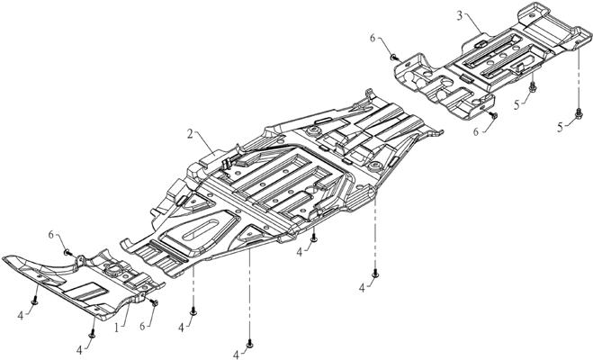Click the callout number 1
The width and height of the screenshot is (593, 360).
pyautogui.click(x=117, y=328)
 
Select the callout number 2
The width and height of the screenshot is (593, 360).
pyautogui.click(x=190, y=133)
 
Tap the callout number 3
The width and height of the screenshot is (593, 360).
pyautogui.click(x=460, y=16)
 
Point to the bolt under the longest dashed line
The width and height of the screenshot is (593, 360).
pyautogui.click(x=249, y=344)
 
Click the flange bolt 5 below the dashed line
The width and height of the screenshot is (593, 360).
pyautogui.click(x=579, y=112)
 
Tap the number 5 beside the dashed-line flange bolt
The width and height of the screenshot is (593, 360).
pyautogui.click(x=560, y=128)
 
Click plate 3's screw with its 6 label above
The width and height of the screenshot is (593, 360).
pyautogui.click(x=395, y=58)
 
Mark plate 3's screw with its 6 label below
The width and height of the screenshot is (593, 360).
pyautogui.click(x=493, y=115)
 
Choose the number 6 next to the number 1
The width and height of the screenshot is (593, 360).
pyautogui.click(x=142, y=326)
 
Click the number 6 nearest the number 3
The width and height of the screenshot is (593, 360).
pyautogui.click(x=373, y=38)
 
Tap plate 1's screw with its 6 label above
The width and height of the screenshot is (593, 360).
pyautogui.click(x=67, y=251)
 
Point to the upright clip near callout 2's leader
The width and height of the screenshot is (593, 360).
pyautogui.click(x=228, y=164)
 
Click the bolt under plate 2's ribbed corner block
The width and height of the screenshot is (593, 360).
pyautogui.click(x=374, y=274)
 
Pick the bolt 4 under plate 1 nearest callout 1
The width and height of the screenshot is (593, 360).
pyautogui.click(x=92, y=335)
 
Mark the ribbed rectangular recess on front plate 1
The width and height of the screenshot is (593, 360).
pyautogui.click(x=86, y=290)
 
